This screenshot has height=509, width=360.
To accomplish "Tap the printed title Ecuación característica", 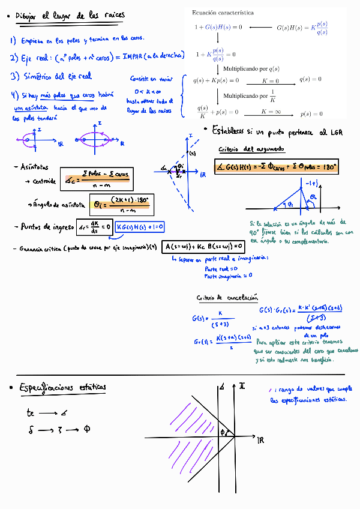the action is coord(222,13).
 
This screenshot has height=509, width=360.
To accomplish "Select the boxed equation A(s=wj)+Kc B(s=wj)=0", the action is coord(204,246).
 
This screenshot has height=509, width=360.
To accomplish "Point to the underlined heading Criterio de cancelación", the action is coord(227,298).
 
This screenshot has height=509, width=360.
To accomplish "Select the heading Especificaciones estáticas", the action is coord(62,388).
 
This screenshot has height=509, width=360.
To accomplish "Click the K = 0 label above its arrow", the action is coord(271,80).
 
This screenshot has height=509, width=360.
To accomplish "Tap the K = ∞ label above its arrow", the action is coord(271,112).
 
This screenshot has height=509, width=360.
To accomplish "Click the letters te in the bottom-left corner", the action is coord(31,413).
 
